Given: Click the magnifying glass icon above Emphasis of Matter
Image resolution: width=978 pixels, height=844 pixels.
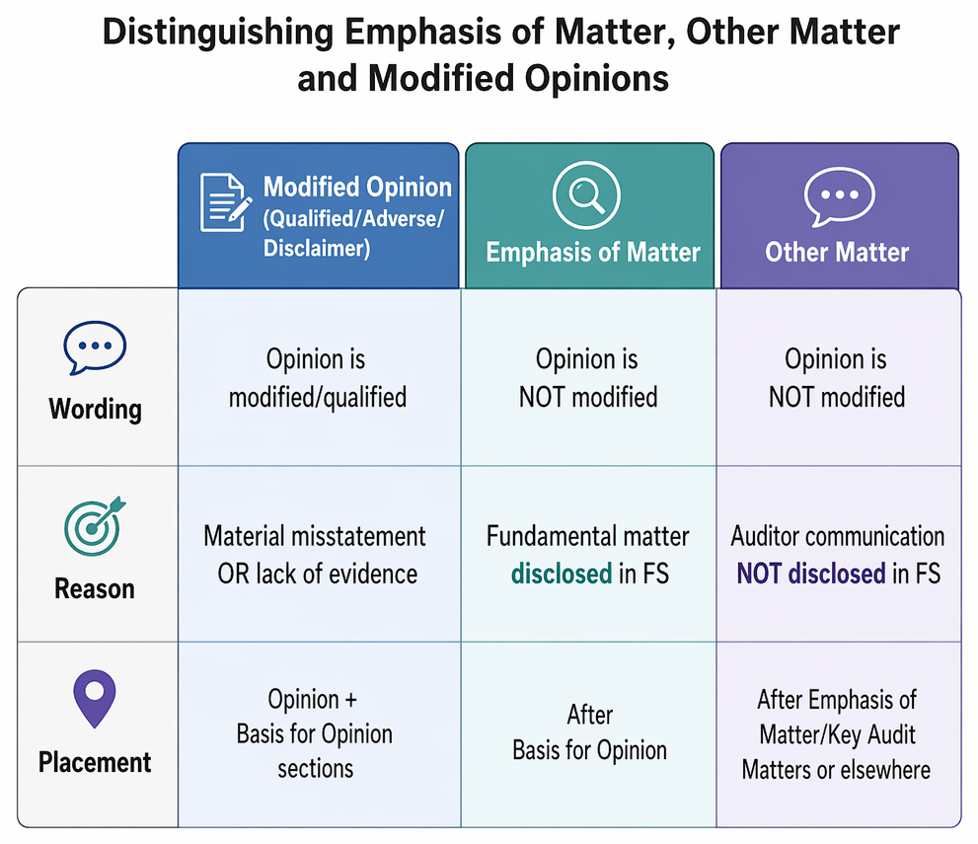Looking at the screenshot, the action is [x=586, y=195].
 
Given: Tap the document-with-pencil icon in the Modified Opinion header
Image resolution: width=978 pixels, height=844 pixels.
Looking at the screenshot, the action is [x=226, y=202].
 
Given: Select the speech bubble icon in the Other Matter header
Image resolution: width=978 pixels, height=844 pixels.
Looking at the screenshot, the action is [x=840, y=196].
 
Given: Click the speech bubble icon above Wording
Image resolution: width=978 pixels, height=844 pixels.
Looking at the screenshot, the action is [x=95, y=347].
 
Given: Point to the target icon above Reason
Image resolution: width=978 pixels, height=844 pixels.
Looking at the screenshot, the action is [x=95, y=526].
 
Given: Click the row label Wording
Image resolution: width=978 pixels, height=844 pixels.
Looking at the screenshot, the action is [x=96, y=410].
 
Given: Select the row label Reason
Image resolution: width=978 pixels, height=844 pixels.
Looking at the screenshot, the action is [x=95, y=588].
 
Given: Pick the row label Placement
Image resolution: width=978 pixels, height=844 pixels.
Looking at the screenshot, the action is [x=95, y=762].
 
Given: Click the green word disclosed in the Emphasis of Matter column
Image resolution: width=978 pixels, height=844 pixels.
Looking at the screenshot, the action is [x=562, y=574].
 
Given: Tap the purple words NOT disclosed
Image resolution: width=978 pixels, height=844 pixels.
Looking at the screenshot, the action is [x=811, y=574].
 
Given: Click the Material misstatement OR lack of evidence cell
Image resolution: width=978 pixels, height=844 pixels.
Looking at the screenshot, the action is [x=316, y=555].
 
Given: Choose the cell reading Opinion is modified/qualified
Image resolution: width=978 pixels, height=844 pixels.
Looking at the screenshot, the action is [x=317, y=378].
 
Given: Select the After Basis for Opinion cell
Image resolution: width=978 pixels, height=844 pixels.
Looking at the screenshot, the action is [x=589, y=732].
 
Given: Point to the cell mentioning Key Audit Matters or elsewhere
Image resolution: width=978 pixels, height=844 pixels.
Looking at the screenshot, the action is [x=837, y=734].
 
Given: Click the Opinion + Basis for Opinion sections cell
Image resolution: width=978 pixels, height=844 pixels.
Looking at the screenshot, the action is [x=315, y=733].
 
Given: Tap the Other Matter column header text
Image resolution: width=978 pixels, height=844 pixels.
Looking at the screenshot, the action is [x=837, y=252].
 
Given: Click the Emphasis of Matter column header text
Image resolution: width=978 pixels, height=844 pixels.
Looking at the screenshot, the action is [x=593, y=252].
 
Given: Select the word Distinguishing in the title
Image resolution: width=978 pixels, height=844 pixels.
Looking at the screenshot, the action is [x=218, y=33].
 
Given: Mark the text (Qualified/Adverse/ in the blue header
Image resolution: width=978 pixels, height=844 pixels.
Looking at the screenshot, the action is [x=353, y=219].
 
